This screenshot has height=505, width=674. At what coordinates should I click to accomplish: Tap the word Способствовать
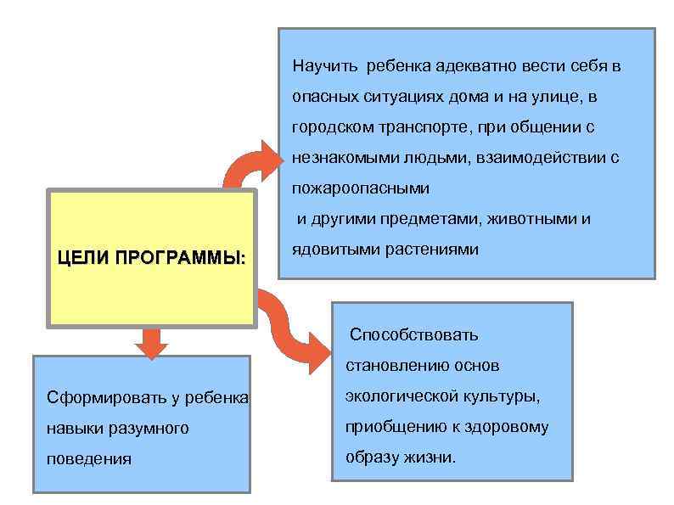[x=414, y=334]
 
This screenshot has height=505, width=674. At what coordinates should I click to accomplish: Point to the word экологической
[x=395, y=396]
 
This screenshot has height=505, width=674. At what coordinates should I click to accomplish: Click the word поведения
[x=89, y=459]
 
